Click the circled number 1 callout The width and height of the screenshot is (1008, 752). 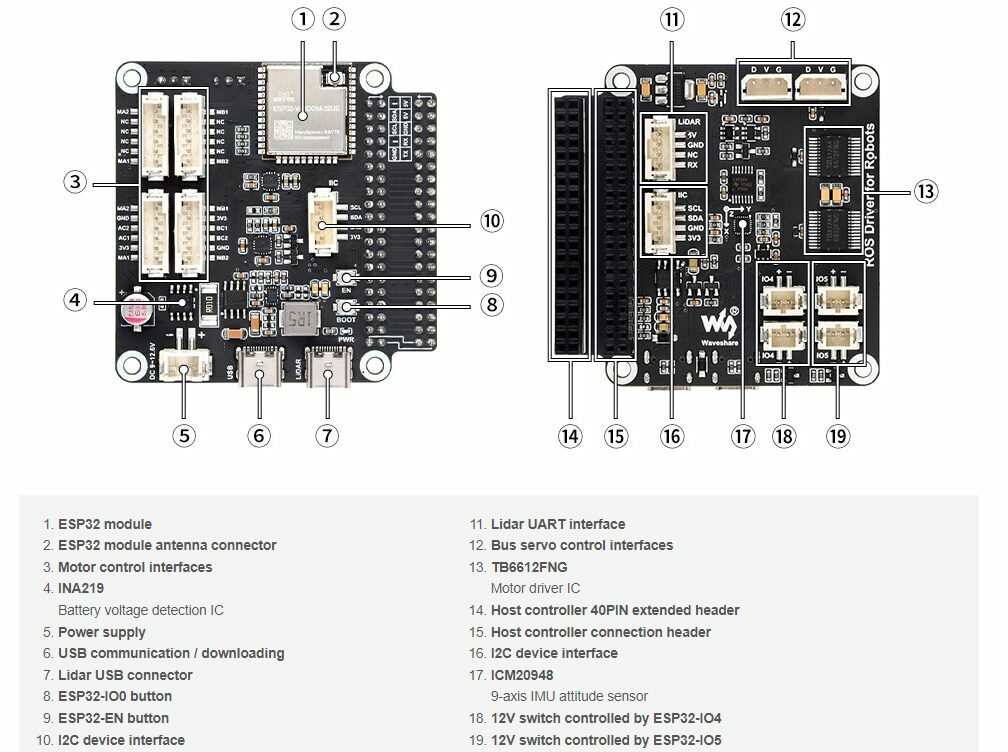(x=303, y=19)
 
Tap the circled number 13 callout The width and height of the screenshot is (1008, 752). (x=926, y=191)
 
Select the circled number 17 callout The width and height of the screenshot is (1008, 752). (x=741, y=435)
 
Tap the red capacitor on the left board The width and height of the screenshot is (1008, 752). (x=134, y=312)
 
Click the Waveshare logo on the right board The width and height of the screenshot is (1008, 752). (x=718, y=327)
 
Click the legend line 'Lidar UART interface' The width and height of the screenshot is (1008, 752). (x=557, y=524)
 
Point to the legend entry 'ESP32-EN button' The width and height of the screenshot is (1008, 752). (x=113, y=718)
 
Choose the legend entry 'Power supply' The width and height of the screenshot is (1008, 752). (x=101, y=632)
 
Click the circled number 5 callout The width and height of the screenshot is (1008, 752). (x=183, y=435)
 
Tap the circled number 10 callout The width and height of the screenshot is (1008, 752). (x=490, y=220)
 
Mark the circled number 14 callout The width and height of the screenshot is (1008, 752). (x=570, y=435)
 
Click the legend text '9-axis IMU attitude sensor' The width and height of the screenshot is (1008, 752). (x=569, y=696)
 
